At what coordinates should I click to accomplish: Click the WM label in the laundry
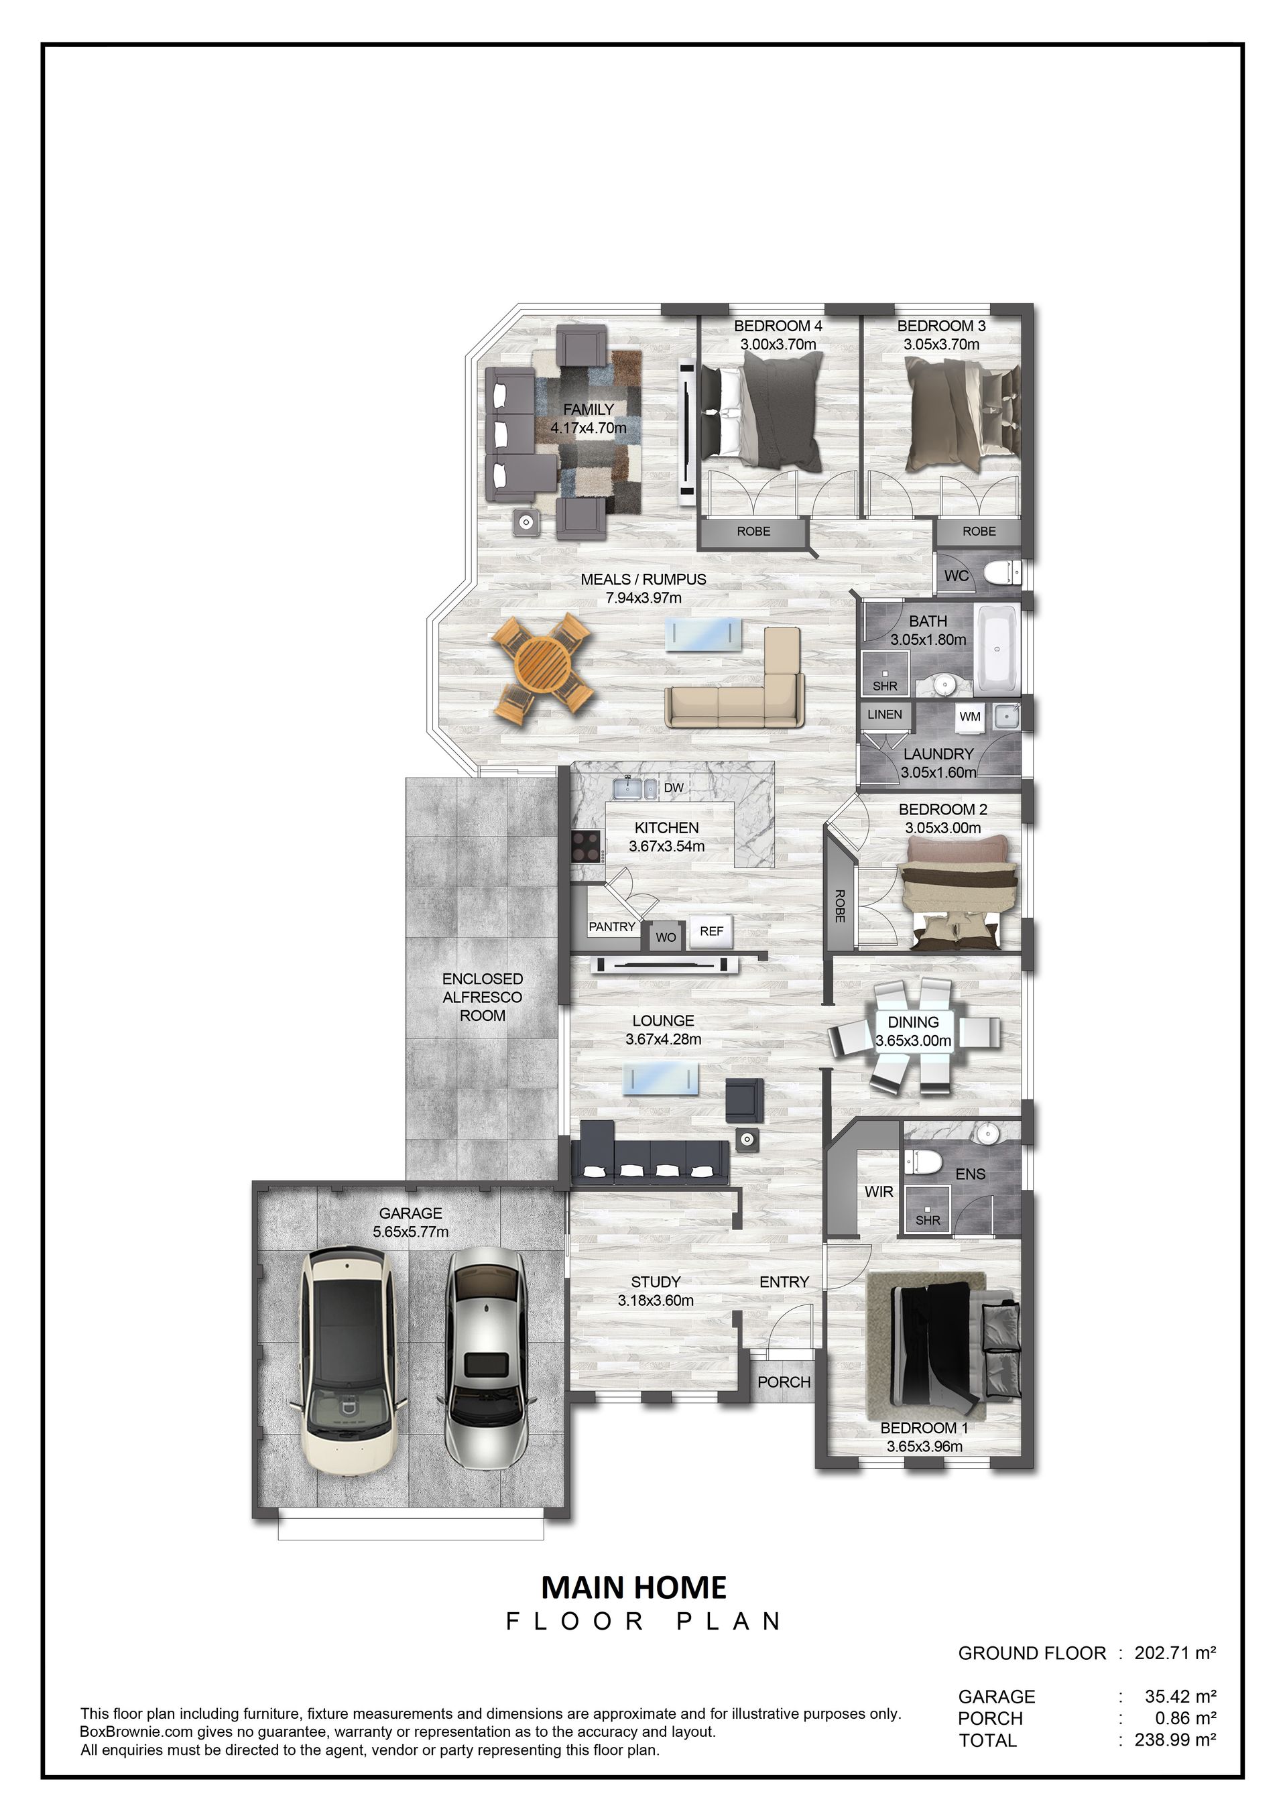tap(970, 717)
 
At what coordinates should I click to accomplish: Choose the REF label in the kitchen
tap(712, 931)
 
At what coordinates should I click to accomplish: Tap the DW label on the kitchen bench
tap(674, 788)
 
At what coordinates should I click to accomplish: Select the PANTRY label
tap(612, 926)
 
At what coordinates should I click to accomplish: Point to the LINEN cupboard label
tap(884, 714)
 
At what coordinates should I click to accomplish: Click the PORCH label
tap(784, 1382)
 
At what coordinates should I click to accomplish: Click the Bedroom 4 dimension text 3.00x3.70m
tap(778, 345)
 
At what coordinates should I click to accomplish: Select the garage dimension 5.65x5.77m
tap(410, 1232)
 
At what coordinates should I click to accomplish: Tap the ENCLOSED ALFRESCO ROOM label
tap(483, 997)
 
